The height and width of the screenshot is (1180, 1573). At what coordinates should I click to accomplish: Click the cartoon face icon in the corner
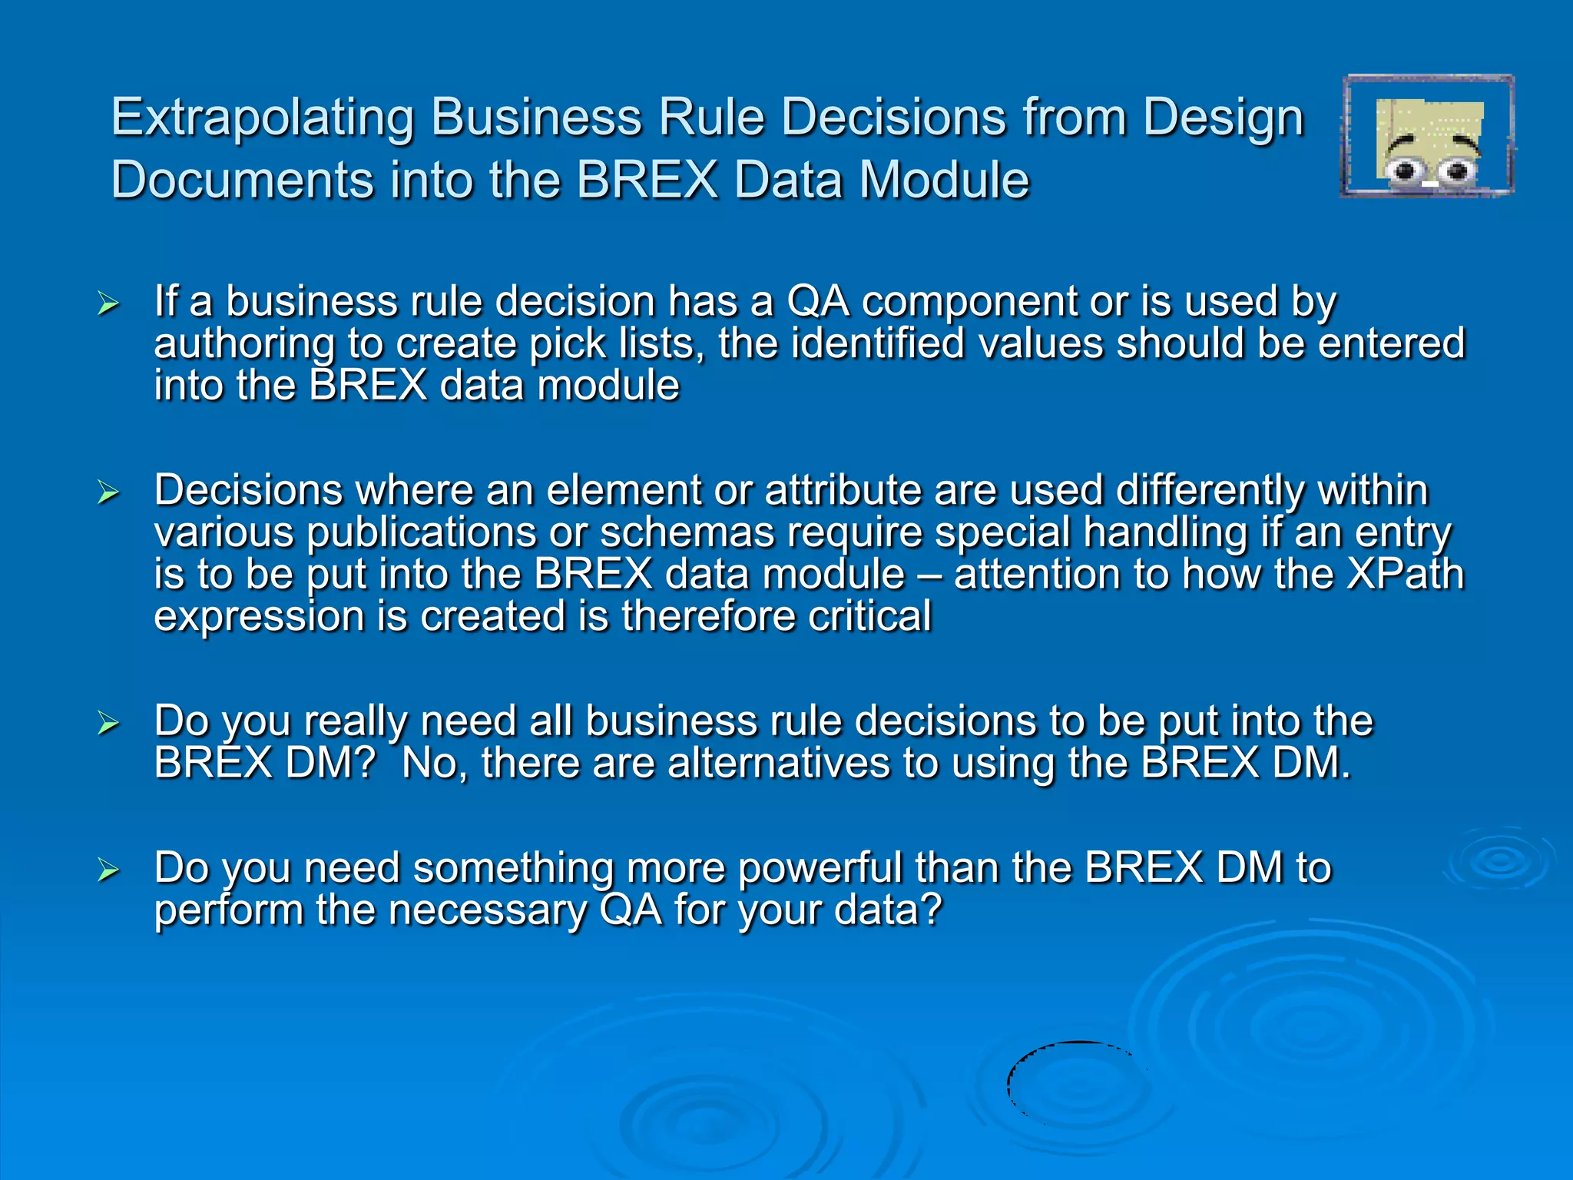(1427, 137)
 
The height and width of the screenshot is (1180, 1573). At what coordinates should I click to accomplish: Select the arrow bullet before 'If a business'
(108, 304)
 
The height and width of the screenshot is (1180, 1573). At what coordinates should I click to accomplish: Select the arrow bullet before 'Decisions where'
(108, 492)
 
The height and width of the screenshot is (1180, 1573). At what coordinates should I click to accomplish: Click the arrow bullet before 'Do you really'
(108, 724)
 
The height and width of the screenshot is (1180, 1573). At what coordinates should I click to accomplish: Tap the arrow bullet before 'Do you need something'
(108, 870)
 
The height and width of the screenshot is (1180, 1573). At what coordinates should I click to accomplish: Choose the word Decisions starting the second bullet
(248, 491)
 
